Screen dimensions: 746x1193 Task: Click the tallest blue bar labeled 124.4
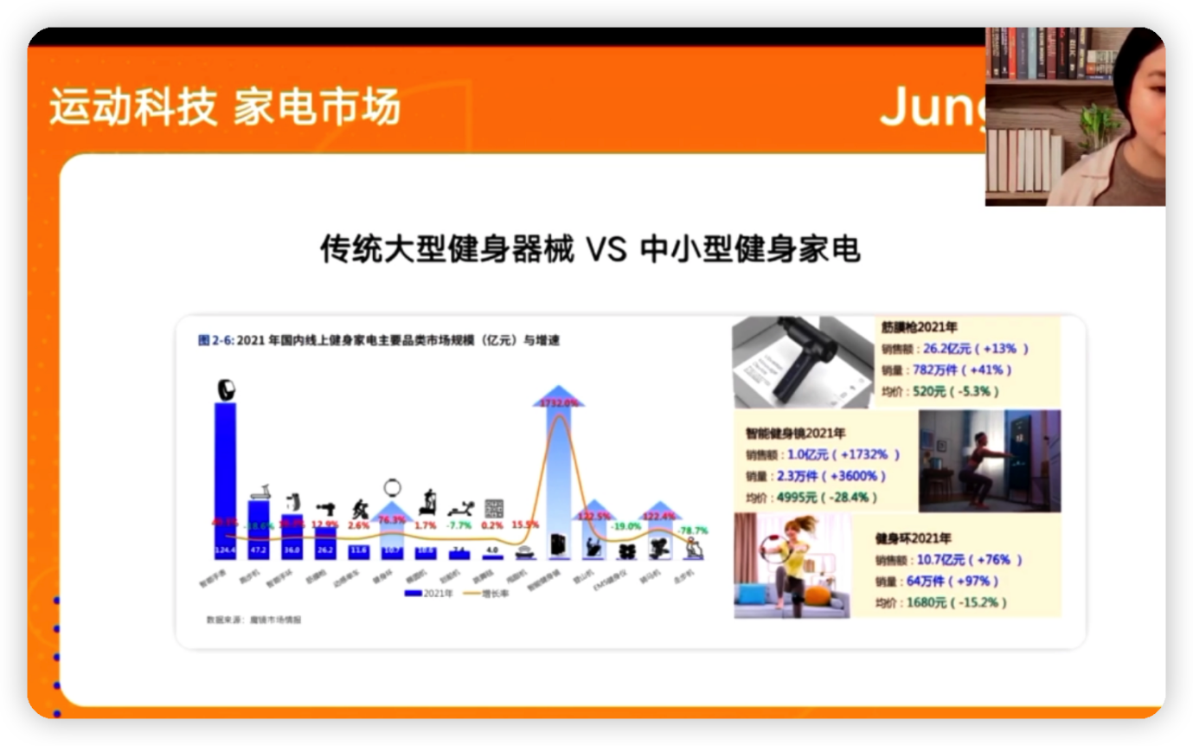pyautogui.click(x=225, y=476)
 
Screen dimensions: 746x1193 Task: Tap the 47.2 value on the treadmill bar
pyautogui.click(x=259, y=550)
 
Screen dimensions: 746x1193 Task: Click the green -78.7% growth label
pyautogui.click(x=693, y=530)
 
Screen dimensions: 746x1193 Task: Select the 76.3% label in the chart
pyautogui.click(x=394, y=520)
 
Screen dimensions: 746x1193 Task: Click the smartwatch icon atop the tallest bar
pyautogui.click(x=225, y=390)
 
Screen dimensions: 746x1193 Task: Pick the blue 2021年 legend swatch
pyautogui.click(x=414, y=593)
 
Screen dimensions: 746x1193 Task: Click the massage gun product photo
pyautogui.click(x=803, y=361)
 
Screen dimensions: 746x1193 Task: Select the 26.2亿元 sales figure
pyautogui.click(x=947, y=349)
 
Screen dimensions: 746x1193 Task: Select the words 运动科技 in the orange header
pyautogui.click(x=132, y=108)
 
